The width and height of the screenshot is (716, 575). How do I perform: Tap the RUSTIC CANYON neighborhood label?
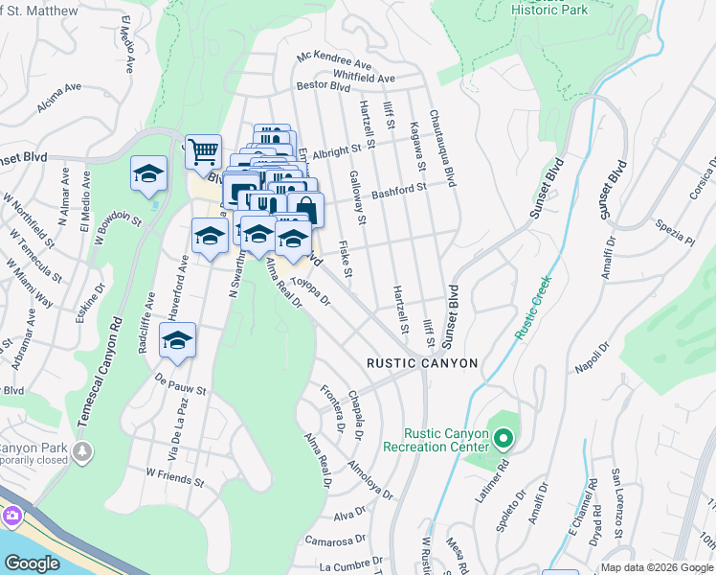click(422, 363)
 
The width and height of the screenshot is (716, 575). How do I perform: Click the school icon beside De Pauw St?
click(177, 341)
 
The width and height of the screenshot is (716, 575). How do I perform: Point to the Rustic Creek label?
click(532, 308)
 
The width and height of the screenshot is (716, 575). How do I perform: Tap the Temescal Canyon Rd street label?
click(108, 362)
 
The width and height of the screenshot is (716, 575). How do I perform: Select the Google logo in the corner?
click(32, 563)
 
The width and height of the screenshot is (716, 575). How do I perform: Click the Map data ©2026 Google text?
click(657, 567)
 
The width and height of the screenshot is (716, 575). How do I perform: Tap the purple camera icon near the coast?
click(12, 516)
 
